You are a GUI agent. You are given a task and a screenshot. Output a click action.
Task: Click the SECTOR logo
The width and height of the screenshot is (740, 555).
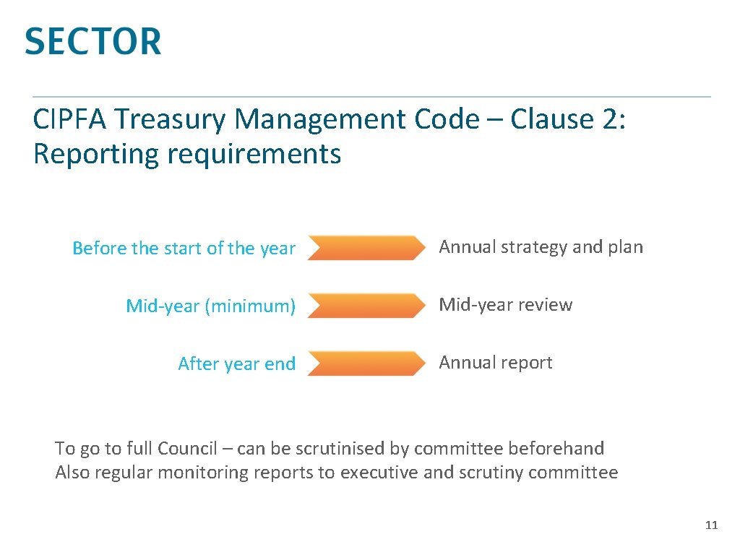coord(92,41)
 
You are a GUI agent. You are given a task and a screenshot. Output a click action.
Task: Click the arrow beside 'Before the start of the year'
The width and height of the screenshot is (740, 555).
coord(366,248)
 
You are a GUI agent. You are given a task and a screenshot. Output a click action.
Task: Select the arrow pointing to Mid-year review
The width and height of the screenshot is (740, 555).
coord(366,306)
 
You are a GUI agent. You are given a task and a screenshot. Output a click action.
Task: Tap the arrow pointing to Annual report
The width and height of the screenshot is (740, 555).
coord(366,363)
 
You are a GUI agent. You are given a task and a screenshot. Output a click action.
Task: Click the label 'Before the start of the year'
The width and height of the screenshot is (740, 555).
coord(184,249)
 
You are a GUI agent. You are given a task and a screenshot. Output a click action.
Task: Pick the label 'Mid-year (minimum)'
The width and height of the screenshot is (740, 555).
coord(210,306)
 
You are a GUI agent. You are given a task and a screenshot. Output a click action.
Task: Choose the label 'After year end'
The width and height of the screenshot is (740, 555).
coord(236,364)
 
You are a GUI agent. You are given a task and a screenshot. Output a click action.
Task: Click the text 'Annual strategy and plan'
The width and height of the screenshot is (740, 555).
coord(541,247)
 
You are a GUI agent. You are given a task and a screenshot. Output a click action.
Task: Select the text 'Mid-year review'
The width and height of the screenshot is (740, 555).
coord(505,305)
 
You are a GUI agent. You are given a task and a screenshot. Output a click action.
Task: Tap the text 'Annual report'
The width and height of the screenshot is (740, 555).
coord(495,363)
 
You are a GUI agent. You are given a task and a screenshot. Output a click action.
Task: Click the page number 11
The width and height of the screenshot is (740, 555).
coord(711,525)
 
